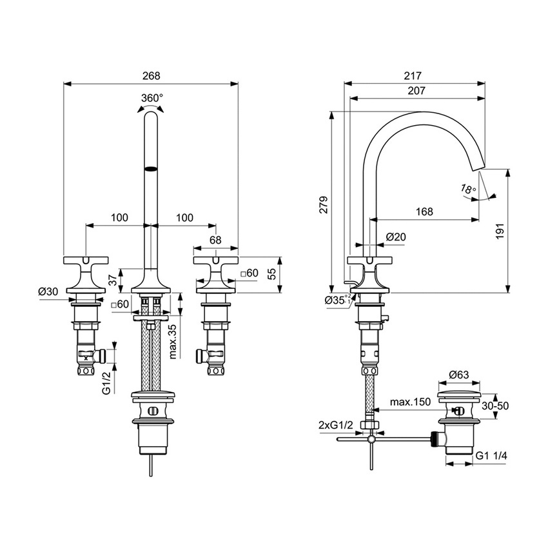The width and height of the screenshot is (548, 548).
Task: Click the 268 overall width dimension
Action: [150, 75]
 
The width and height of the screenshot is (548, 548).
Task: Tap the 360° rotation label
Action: [152, 97]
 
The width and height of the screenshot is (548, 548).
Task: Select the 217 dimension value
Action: [413, 75]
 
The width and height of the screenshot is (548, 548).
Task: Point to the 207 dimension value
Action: [416, 91]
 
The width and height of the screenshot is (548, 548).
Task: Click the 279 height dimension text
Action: [324, 204]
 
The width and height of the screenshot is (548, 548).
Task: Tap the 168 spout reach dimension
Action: [423, 211]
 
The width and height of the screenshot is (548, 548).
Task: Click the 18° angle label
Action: [469, 189]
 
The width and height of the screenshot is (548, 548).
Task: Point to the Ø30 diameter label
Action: [48, 291]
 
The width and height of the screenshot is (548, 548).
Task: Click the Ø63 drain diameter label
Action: [458, 374]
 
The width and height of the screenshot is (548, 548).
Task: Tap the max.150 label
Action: [410, 402]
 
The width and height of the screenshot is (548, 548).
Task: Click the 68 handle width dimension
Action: [215, 240]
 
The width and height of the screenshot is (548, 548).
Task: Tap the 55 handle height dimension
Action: [273, 273]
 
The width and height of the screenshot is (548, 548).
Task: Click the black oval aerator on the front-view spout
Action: [150, 170]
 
